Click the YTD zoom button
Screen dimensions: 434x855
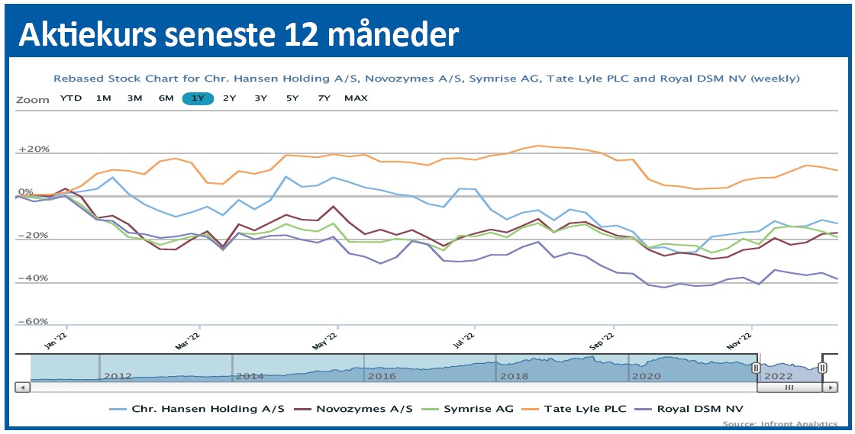pos(71,98)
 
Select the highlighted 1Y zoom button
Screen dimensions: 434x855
pos(198,98)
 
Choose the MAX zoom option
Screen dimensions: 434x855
pos(356,98)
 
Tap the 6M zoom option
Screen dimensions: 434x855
pos(166,98)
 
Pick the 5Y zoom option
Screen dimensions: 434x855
pos(292,98)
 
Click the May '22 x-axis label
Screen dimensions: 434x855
pos(325,340)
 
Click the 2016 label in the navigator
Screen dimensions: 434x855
pos(382,377)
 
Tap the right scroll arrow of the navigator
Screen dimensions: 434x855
pos(830,387)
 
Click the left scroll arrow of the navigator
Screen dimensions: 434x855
pos(23,387)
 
